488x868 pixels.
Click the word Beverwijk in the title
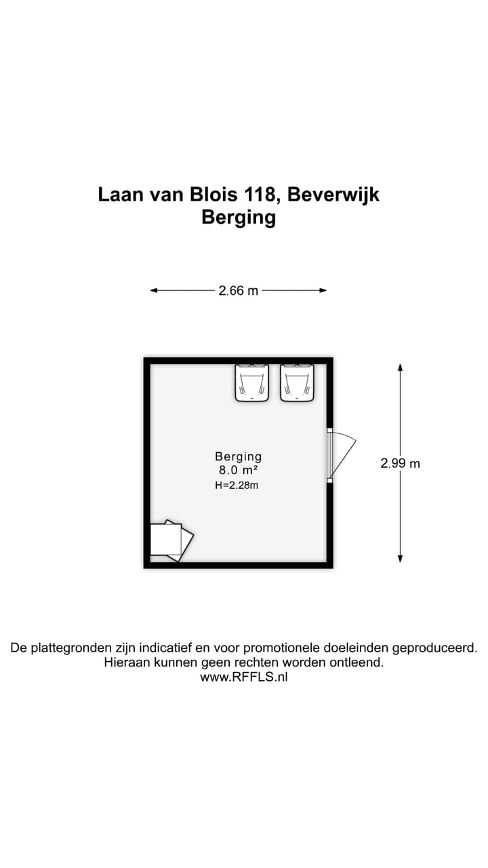click(x=333, y=195)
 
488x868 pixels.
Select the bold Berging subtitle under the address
click(x=239, y=218)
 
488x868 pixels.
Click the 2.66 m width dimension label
click(x=238, y=291)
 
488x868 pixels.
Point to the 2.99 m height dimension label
click(x=400, y=464)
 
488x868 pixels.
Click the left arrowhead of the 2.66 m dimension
click(x=154, y=290)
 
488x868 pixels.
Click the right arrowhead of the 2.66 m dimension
click(x=323, y=290)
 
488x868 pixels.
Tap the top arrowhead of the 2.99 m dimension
click(x=400, y=368)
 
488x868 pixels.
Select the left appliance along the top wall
click(x=252, y=383)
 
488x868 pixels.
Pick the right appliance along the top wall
click(x=298, y=383)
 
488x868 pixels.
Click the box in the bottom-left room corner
click(x=169, y=540)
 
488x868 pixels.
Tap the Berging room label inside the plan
click(x=238, y=457)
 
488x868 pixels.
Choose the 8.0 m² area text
click(x=238, y=470)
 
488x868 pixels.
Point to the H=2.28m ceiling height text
click(x=237, y=485)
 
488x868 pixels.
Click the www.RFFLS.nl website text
click(x=244, y=677)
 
